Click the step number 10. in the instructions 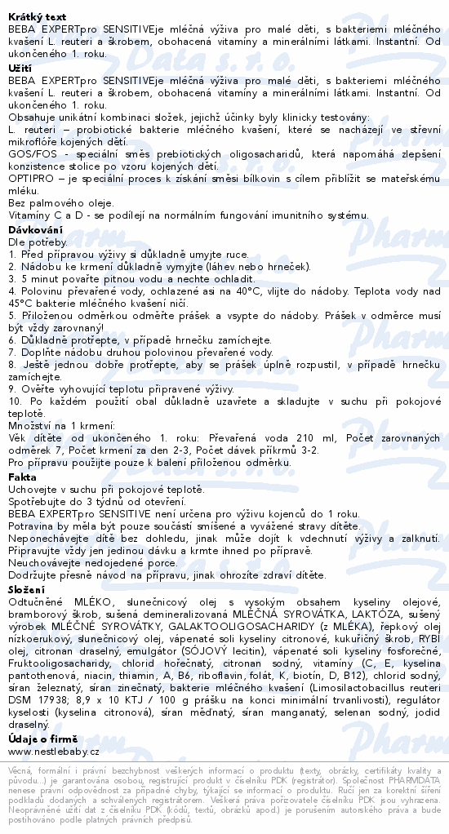click(x=15, y=402)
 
